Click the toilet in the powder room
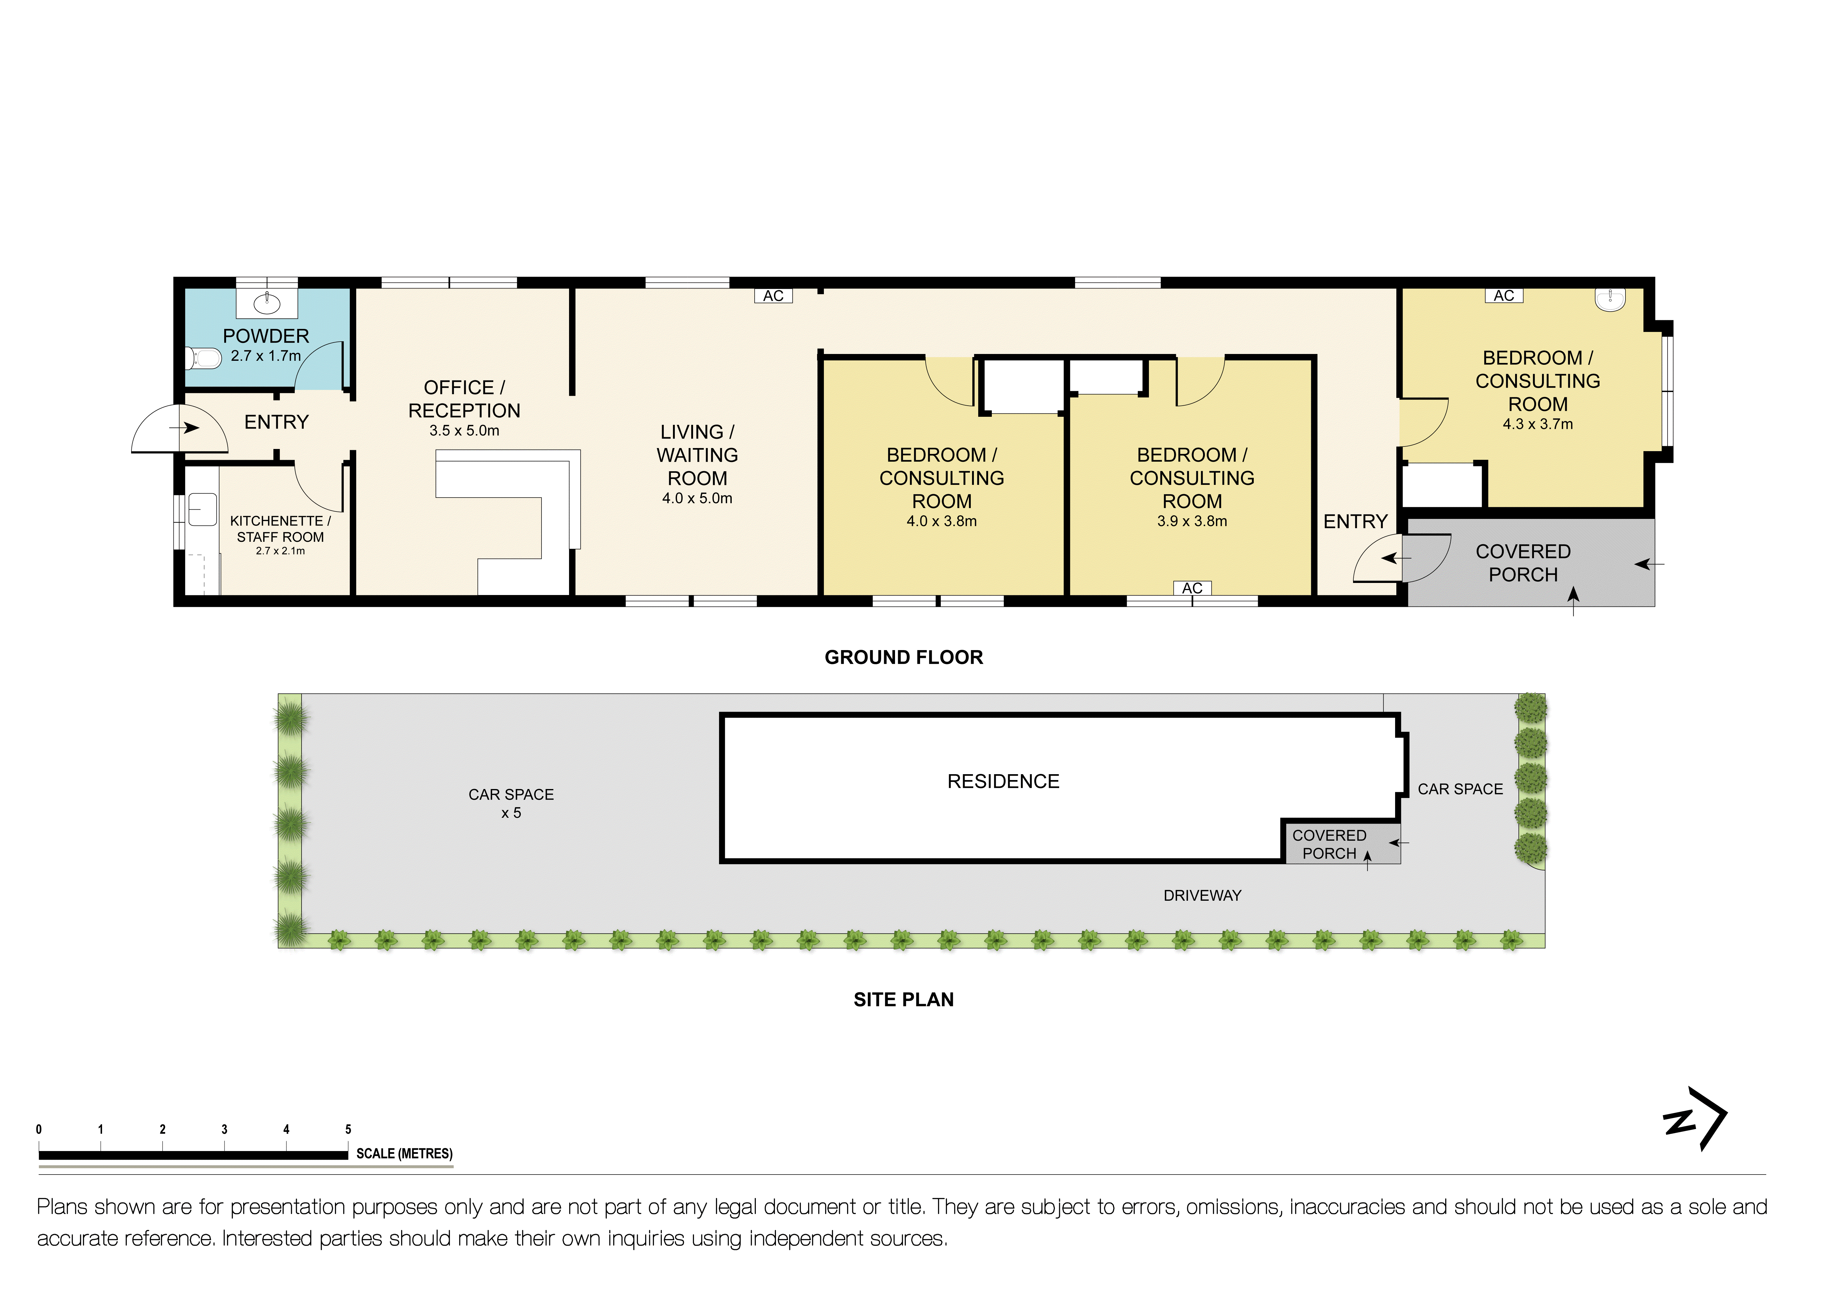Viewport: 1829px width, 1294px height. point(204,359)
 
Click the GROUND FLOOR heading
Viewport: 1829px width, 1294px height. point(903,657)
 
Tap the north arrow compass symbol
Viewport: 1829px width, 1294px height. point(1695,1119)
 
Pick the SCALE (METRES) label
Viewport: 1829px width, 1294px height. point(404,1154)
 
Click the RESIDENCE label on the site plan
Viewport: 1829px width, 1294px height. point(1003,782)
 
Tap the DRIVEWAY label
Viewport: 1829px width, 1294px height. point(1202,895)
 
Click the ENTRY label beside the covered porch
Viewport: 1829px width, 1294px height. point(1355,522)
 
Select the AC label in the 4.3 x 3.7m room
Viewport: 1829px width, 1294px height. point(1503,295)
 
